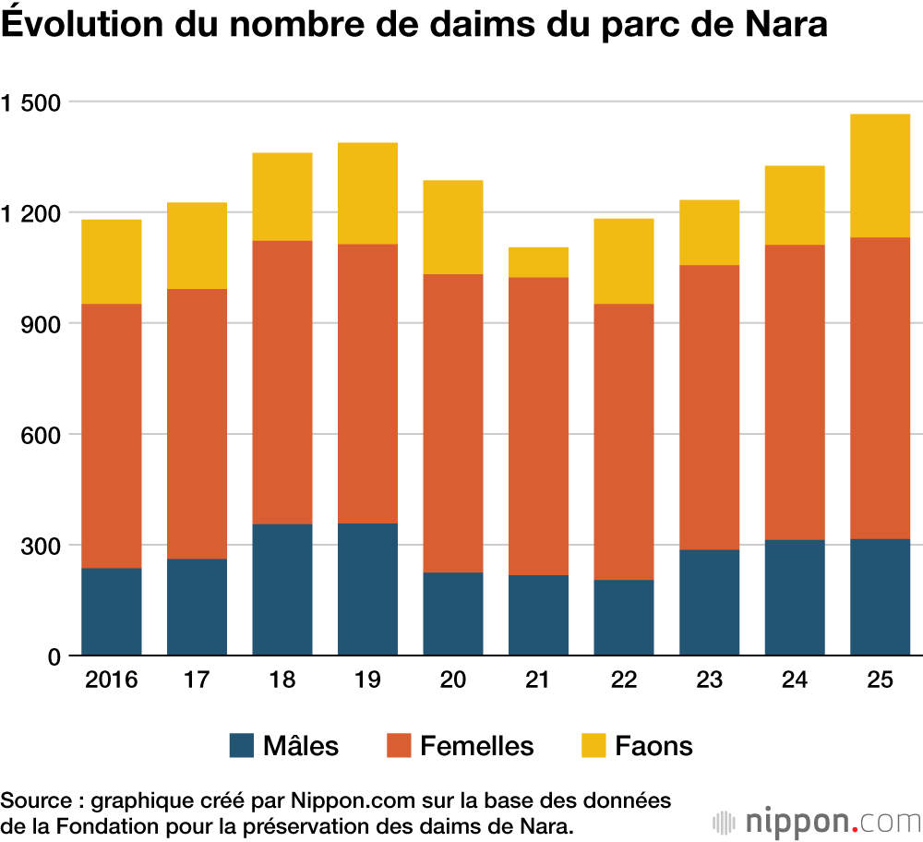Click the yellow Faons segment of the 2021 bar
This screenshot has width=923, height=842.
point(538,262)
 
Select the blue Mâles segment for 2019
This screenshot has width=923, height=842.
point(367,589)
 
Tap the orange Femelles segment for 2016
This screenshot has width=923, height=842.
point(111,436)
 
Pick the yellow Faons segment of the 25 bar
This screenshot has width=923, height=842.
point(880,175)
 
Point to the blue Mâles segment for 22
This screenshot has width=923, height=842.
point(624,617)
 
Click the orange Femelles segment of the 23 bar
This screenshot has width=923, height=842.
point(709,407)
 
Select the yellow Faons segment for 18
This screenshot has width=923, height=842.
point(282,197)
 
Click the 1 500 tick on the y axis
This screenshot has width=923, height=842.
point(33,102)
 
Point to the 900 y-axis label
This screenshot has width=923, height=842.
point(40,324)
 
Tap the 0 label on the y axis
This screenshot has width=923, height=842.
point(53,656)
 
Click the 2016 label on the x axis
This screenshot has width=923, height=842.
point(111,681)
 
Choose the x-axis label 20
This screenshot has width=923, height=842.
point(452,681)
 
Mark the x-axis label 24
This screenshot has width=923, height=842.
point(794,681)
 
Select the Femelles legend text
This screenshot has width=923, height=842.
point(476,745)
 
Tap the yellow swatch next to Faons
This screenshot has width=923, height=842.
point(593,745)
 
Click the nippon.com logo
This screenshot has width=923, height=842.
point(816,821)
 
